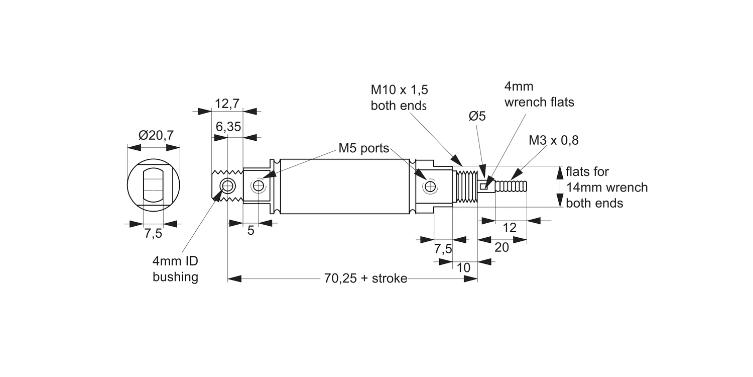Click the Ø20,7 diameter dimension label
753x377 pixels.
coord(156,135)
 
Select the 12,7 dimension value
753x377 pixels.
coord(227,104)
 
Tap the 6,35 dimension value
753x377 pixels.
coord(228,127)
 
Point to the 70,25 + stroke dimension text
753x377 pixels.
coord(365,278)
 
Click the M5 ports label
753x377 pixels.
coord(363,148)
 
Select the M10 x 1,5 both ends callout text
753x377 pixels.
coord(399,98)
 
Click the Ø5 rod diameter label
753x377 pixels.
coord(477,116)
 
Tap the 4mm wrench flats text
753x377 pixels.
coord(539,94)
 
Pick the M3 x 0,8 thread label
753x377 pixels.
coord(553,140)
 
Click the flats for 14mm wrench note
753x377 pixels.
coord(606,187)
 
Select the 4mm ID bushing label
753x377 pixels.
coord(175,269)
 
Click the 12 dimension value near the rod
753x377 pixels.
coord(509,228)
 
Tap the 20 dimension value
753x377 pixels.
coord(501,247)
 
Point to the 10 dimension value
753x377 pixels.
coord(464,268)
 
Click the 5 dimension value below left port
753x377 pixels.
coord(251,231)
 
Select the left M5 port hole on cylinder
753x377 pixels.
coord(259,186)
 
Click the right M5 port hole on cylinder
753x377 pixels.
coord(429,187)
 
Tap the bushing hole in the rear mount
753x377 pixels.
coord(228,186)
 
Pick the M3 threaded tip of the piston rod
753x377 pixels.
coord(512,186)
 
